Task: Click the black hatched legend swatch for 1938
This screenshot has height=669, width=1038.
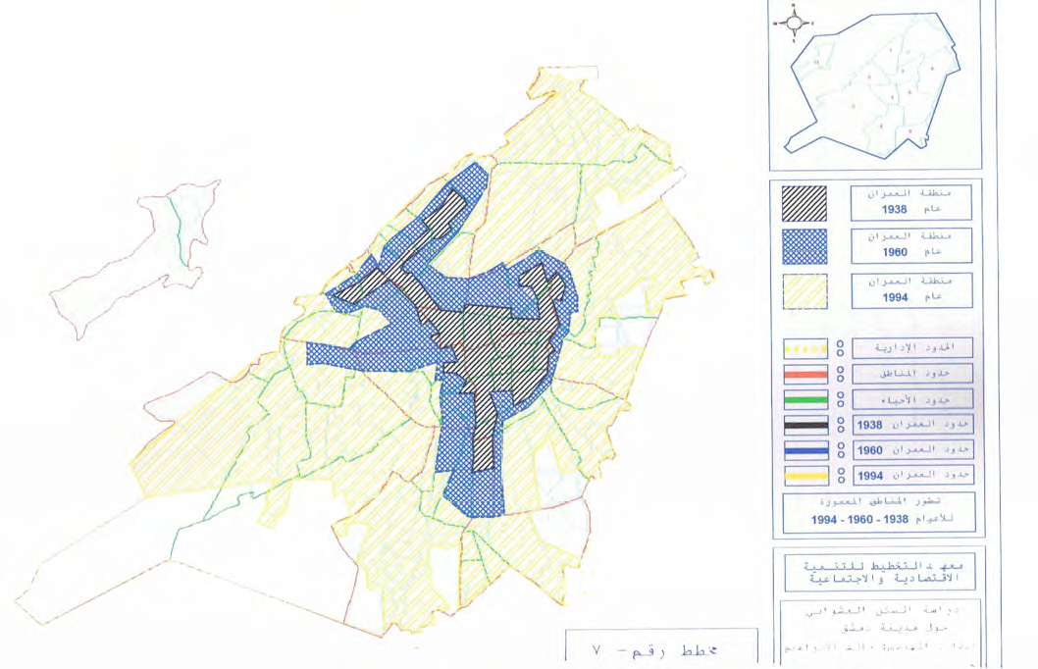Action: tap(804, 203)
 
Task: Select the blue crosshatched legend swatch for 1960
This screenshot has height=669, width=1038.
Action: tap(804, 247)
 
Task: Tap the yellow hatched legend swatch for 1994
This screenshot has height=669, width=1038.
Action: tap(804, 291)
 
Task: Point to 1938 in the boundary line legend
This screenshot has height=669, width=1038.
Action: tap(869, 426)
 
